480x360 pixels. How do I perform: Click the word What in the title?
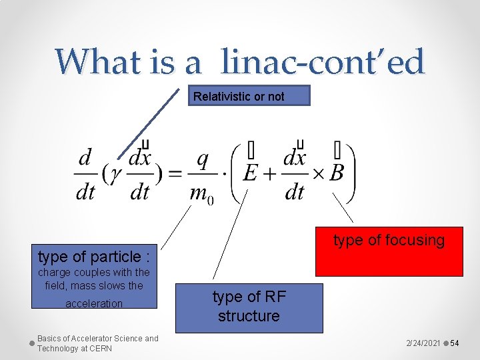pyautogui.click(x=93, y=62)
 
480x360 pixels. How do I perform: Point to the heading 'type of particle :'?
pyautogui.click(x=93, y=256)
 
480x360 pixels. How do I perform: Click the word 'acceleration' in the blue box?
pyautogui.click(x=94, y=303)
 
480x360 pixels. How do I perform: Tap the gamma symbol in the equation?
pyautogui.click(x=115, y=173)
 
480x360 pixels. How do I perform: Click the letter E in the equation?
pyautogui.click(x=251, y=173)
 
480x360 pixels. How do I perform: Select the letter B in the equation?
pyautogui.click(x=337, y=173)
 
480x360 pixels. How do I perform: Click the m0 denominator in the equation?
pyautogui.click(x=201, y=194)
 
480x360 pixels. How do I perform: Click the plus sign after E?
pyautogui.click(x=270, y=174)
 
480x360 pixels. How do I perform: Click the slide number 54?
pyautogui.click(x=455, y=343)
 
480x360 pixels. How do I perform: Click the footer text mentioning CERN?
pyautogui.click(x=97, y=343)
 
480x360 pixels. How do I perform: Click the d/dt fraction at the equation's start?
pyautogui.click(x=85, y=175)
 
